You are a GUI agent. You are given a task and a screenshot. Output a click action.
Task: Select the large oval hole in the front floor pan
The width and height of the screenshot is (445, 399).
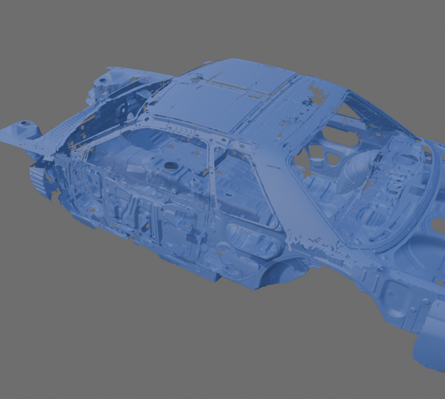pos(171,166)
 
